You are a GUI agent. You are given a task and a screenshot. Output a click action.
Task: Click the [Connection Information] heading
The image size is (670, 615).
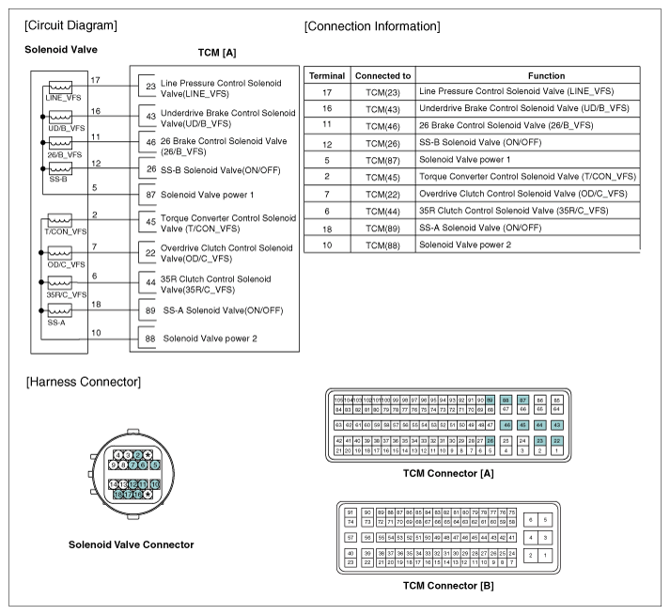point(371,25)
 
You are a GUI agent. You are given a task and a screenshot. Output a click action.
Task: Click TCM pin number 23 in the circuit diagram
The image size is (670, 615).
point(150,87)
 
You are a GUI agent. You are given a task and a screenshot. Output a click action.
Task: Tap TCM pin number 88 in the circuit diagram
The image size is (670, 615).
point(150,337)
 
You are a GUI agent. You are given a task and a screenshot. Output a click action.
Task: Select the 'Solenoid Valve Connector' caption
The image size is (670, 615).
point(131,544)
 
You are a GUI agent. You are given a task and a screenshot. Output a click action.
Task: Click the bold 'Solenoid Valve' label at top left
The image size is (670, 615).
point(61,49)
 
